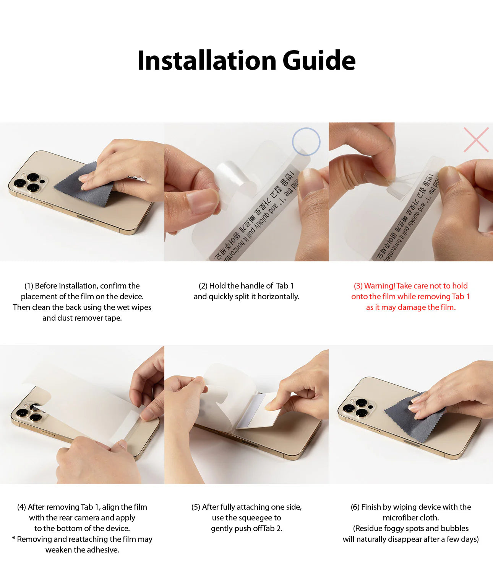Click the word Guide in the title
click(319, 60)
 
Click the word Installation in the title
click(207, 60)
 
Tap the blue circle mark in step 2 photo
click(306, 142)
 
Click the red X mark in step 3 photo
click(476, 140)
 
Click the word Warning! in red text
click(379, 286)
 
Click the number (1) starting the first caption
click(29, 286)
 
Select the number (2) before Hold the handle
click(203, 286)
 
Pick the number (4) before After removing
click(21, 507)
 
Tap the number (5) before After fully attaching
click(196, 507)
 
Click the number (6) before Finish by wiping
click(355, 507)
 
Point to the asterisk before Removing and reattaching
click(14, 539)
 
